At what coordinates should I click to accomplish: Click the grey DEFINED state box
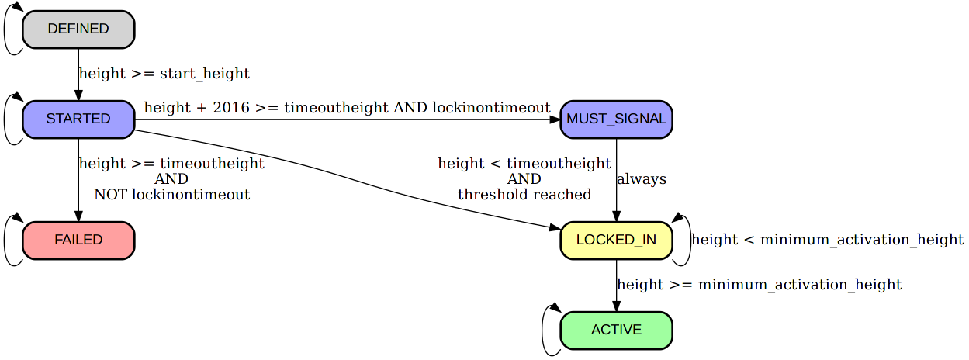tap(78, 29)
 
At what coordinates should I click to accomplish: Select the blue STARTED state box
tap(78, 119)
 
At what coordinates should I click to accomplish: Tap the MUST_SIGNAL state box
tap(616, 119)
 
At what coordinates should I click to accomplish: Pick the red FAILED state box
tap(78, 240)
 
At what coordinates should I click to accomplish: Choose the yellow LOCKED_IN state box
tap(616, 240)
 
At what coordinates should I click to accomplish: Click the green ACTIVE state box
tap(616, 331)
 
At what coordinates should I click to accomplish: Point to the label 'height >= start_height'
tap(164, 74)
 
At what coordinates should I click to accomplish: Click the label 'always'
tap(641, 179)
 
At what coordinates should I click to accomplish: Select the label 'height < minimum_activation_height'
tap(827, 240)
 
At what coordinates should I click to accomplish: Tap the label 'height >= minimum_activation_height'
tap(759, 285)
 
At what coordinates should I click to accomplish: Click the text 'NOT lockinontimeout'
tap(171, 195)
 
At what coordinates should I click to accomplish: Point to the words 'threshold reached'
tap(524, 195)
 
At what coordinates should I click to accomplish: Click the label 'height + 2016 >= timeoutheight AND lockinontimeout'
tap(347, 108)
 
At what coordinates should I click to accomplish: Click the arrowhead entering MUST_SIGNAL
tap(554, 119)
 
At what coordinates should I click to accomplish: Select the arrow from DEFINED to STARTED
tap(78, 74)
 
